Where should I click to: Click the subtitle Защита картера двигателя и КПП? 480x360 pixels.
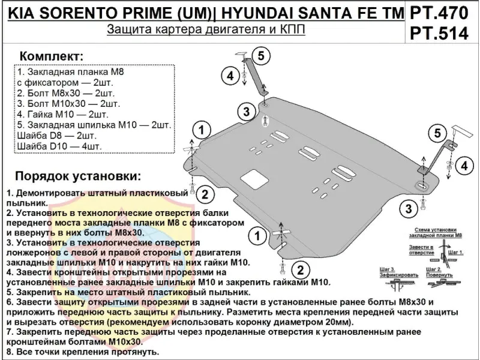(206, 31)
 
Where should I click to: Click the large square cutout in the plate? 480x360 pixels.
(253, 179)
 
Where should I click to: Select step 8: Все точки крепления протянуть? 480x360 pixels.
(83, 351)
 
